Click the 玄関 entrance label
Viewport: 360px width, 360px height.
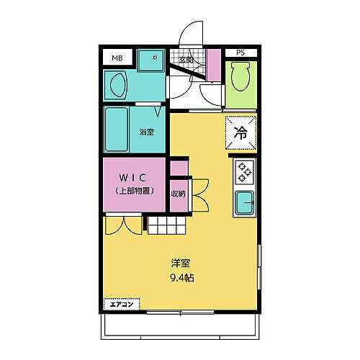tap(186, 60)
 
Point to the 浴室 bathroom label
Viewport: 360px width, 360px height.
tap(146, 132)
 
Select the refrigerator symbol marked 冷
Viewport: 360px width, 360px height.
tap(241, 132)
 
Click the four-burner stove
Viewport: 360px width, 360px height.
tap(243, 173)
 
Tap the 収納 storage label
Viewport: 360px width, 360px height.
tap(177, 194)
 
